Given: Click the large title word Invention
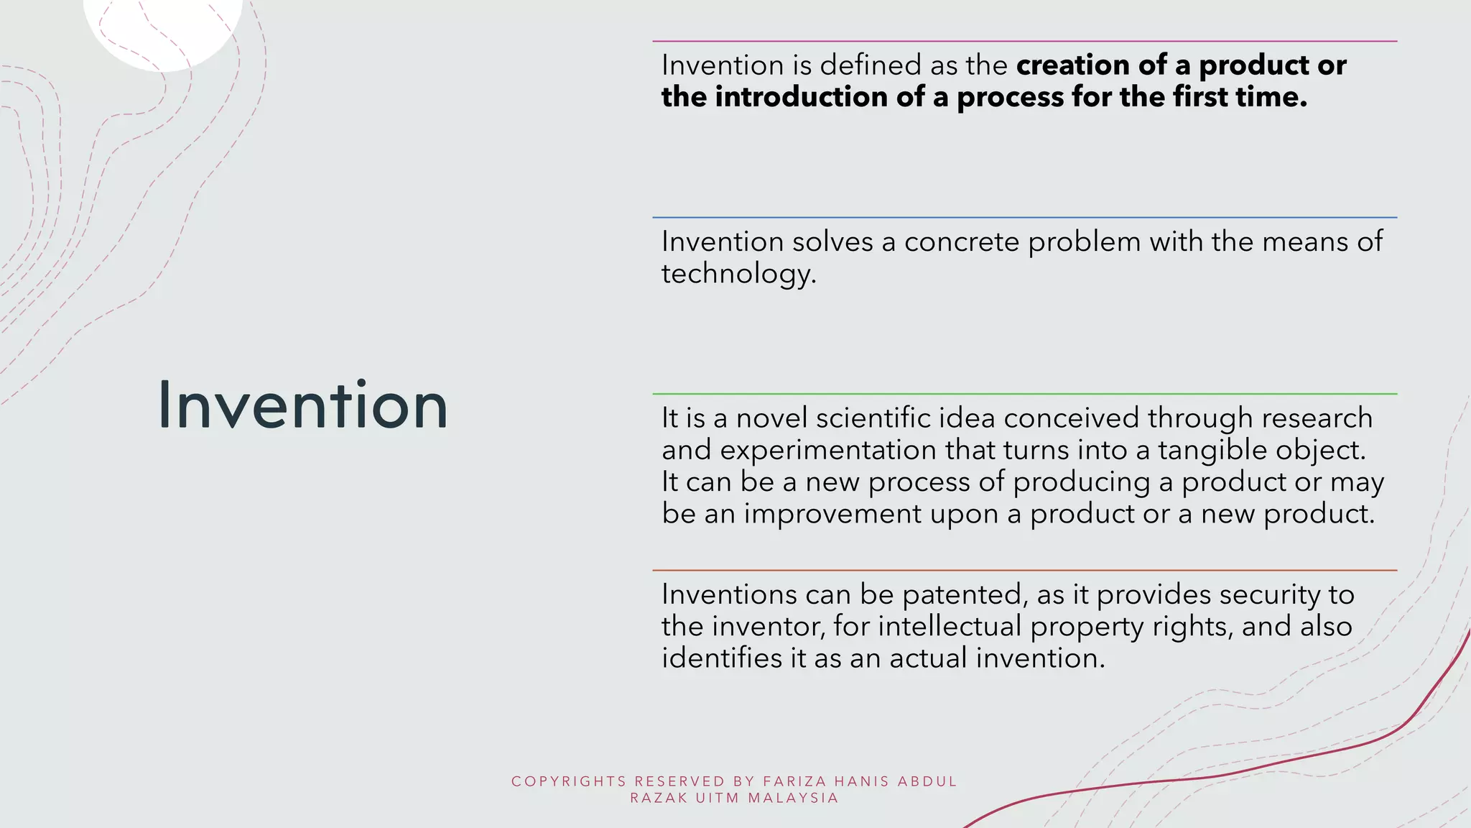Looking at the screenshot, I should click(302, 405).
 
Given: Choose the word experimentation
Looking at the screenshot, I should click(828, 450).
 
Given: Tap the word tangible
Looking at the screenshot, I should click(1212, 450).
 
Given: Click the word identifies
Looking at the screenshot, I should click(721, 658).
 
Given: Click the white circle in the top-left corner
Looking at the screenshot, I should click(164, 29).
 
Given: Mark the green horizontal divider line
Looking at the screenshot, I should click(1024, 394).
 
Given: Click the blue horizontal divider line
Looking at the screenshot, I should click(1024, 217).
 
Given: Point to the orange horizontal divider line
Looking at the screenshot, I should click(1024, 570).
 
